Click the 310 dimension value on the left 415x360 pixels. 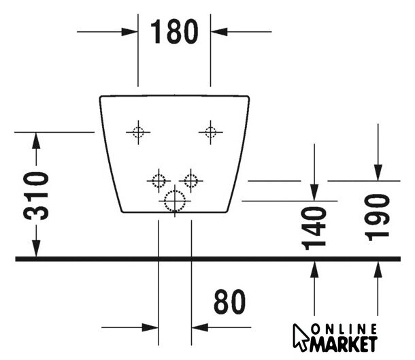[36, 195]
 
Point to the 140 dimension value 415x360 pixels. [314, 226]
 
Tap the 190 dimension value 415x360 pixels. [376, 216]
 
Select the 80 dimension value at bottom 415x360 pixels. [229, 302]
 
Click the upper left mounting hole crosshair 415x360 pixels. [138, 132]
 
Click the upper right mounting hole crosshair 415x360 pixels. [210, 132]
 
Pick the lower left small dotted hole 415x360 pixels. [158, 180]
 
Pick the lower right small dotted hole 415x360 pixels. [191, 180]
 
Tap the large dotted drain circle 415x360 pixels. [174, 201]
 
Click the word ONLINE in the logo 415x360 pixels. [344, 329]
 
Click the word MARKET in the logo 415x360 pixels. [344, 344]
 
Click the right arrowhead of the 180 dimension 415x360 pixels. [218, 31]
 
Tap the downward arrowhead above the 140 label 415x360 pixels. [314, 191]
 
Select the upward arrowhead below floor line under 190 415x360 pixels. [376, 272]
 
